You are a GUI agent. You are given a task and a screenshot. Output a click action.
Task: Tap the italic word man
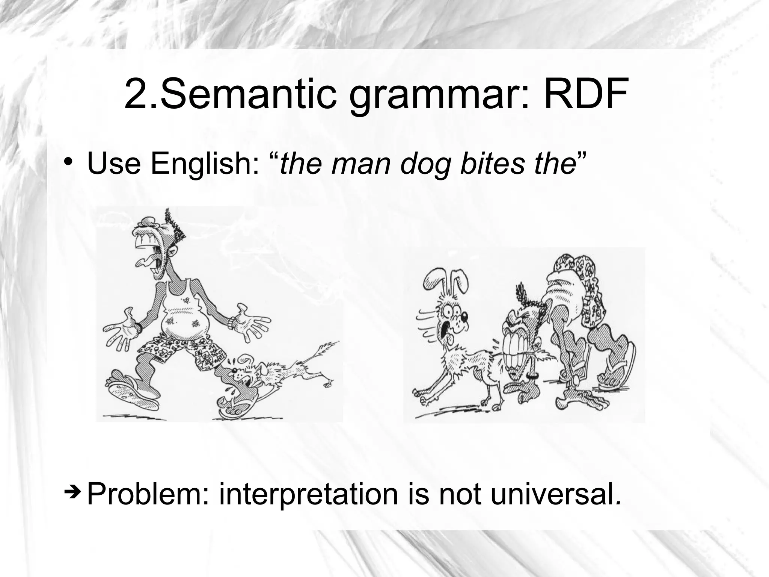tap(361, 165)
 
